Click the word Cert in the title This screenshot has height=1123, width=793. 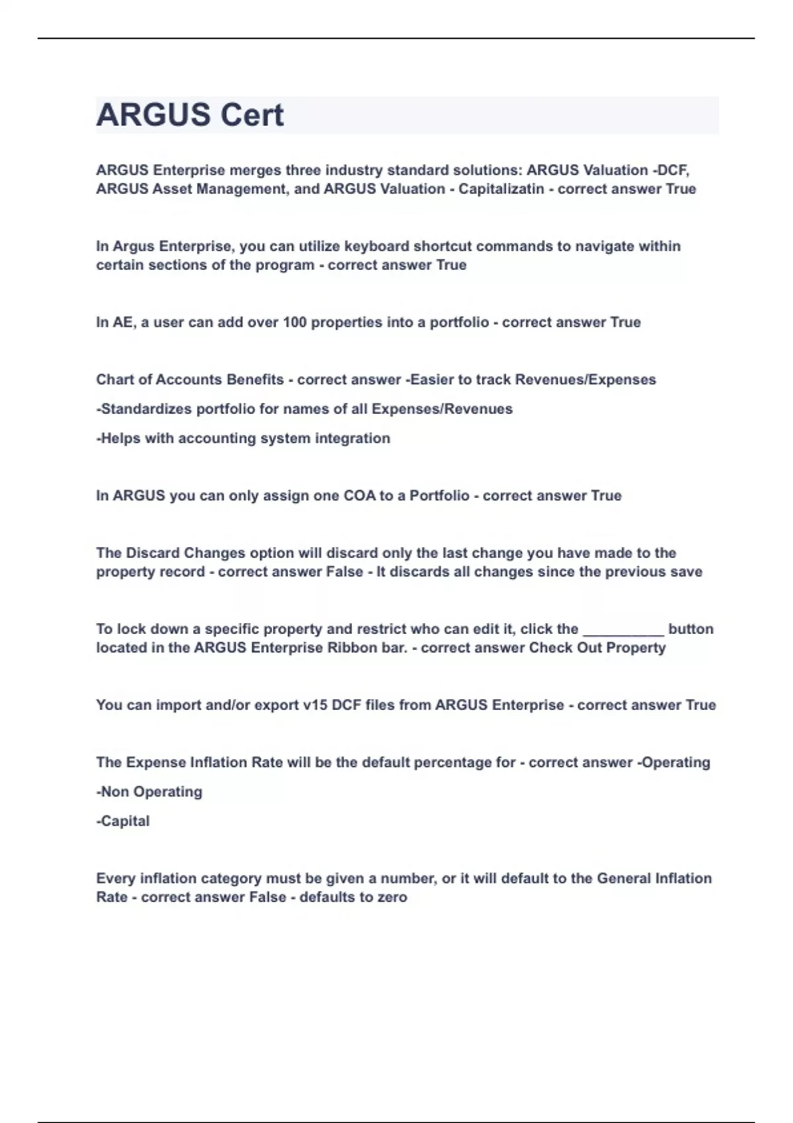pyautogui.click(x=252, y=115)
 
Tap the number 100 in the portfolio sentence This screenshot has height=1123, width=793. pyautogui.click(x=295, y=322)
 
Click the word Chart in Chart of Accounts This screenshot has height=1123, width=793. pyautogui.click(x=114, y=380)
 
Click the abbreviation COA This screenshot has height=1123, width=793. pyautogui.click(x=359, y=495)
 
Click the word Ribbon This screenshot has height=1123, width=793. pyautogui.click(x=352, y=647)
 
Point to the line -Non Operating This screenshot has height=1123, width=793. pyautogui.click(x=149, y=791)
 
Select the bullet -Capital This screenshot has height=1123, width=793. pyautogui.click(x=123, y=820)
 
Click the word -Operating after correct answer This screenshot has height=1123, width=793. pyautogui.click(x=673, y=762)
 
